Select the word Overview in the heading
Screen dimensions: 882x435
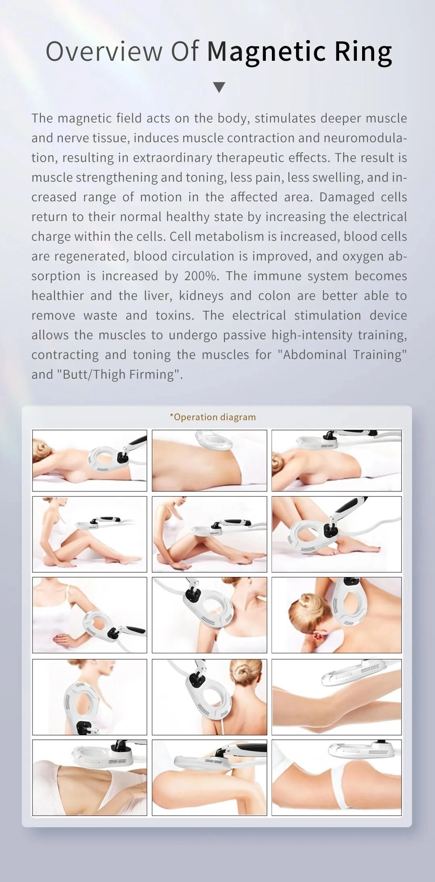tap(104, 52)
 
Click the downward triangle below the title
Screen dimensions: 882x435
tap(219, 87)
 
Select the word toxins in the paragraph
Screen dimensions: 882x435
tap(174, 316)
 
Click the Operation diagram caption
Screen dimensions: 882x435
tap(213, 417)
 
